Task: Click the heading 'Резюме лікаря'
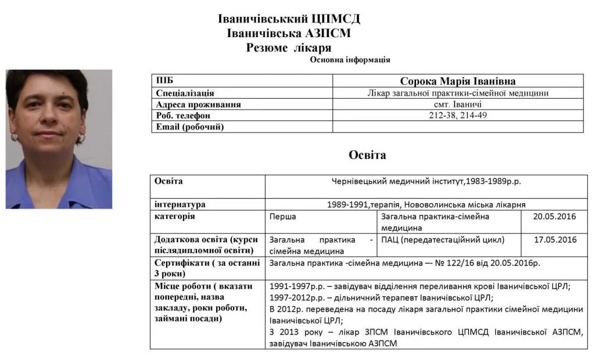[289, 48]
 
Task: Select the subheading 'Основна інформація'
[350, 60]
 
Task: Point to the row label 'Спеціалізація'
[185, 93]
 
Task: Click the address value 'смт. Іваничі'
[458, 105]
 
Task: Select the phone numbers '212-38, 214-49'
[458, 116]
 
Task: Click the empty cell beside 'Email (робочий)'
[458, 127]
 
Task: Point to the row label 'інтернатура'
[180, 204]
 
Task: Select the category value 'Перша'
[283, 217]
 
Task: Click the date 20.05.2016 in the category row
[554, 217]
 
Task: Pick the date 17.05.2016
[554, 239]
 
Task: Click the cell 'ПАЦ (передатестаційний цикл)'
[443, 239]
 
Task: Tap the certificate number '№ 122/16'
[451, 263]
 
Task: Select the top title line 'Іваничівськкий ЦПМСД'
[289, 19]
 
